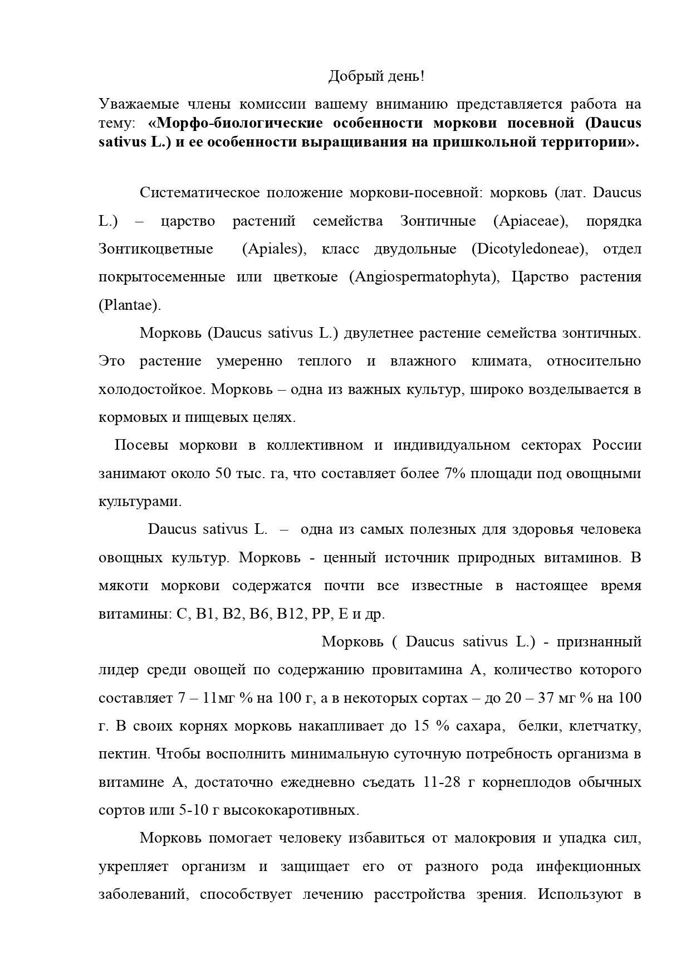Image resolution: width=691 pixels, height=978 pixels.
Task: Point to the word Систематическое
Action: click(199, 193)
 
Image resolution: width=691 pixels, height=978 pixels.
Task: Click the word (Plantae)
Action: click(130, 305)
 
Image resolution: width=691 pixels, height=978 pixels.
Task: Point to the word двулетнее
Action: click(379, 333)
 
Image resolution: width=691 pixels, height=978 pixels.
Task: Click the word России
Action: click(616, 445)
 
